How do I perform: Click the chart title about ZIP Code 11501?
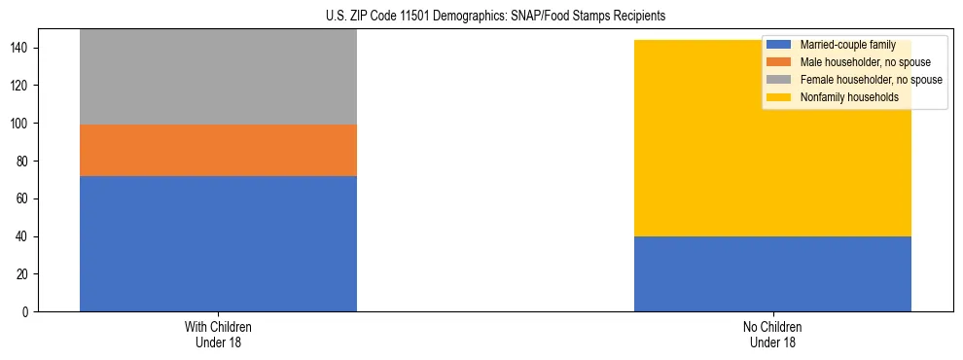482,17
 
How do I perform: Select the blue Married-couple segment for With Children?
218,243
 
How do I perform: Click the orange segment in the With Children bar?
218,150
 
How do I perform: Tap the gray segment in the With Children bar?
218,77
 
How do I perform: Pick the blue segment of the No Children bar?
772,273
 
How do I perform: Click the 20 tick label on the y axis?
25,274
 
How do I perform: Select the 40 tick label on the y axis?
25,236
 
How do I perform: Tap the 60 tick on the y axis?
25,199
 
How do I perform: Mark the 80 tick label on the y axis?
25,162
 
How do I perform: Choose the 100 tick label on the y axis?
22,124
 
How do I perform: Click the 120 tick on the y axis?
22,86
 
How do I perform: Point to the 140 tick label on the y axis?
22,48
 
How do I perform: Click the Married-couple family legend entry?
846,45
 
